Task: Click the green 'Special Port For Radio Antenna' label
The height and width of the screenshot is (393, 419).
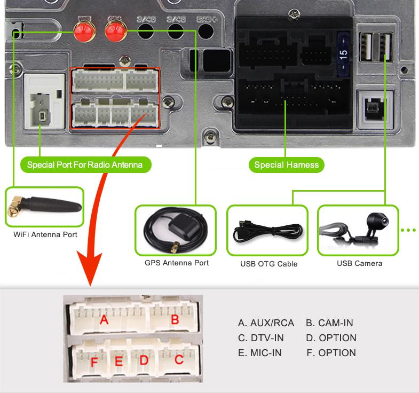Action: tap(85, 164)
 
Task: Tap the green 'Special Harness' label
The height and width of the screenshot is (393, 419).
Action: tap(286, 164)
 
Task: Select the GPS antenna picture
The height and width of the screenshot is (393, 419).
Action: tap(176, 230)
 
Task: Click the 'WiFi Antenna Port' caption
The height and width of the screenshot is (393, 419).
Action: tap(45, 234)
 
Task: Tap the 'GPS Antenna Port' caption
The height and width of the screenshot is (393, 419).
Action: tap(177, 263)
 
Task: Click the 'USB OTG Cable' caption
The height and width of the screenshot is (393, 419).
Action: tap(269, 264)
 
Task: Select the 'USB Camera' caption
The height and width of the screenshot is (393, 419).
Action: tap(360, 263)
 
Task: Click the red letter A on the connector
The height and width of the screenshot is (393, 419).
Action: tap(104, 320)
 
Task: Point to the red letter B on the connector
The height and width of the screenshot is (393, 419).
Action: tap(174, 320)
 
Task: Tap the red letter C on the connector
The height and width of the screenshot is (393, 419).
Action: tap(179, 360)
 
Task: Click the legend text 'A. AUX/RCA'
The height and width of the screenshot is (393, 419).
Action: tap(266, 323)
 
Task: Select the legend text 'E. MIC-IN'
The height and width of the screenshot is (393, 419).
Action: tap(259, 353)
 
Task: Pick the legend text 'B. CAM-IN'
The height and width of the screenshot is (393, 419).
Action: tap(329, 323)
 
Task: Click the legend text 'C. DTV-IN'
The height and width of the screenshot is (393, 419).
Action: tap(260, 338)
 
